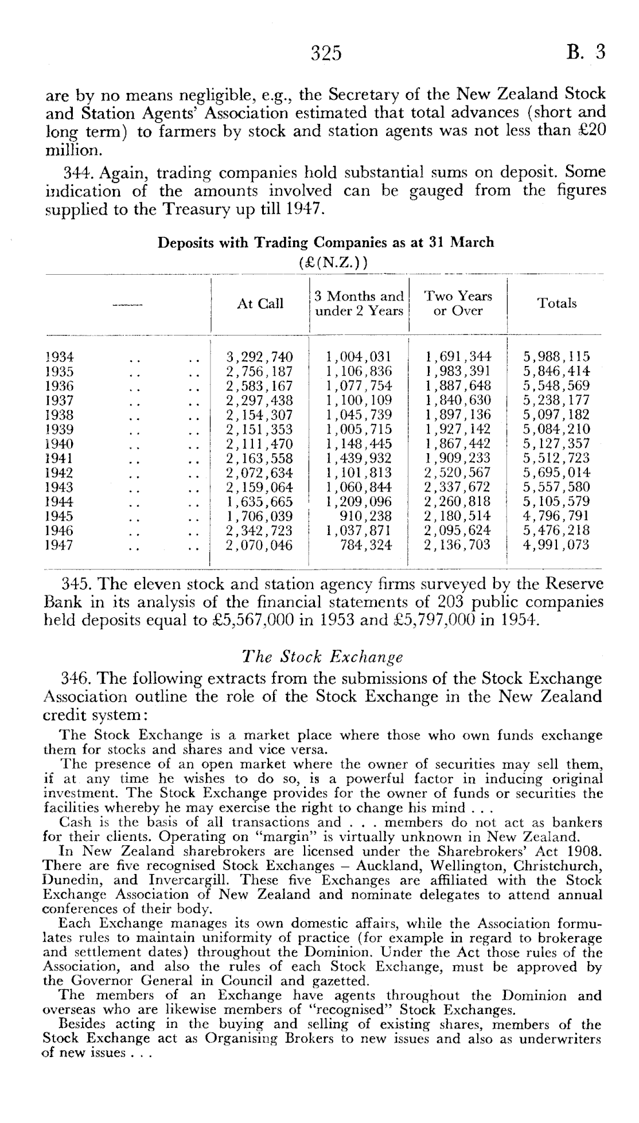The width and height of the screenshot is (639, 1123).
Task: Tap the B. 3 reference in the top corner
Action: (585, 53)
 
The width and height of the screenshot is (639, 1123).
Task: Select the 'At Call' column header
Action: (260, 304)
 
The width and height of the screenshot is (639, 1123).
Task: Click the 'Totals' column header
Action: (556, 303)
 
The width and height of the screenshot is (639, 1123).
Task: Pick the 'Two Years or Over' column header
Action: (458, 303)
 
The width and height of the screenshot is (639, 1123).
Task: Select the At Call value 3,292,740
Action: (260, 357)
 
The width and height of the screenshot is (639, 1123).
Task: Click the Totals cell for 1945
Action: (556, 516)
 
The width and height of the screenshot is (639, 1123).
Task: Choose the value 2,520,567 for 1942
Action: (457, 473)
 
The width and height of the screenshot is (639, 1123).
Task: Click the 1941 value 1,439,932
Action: (359, 458)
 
